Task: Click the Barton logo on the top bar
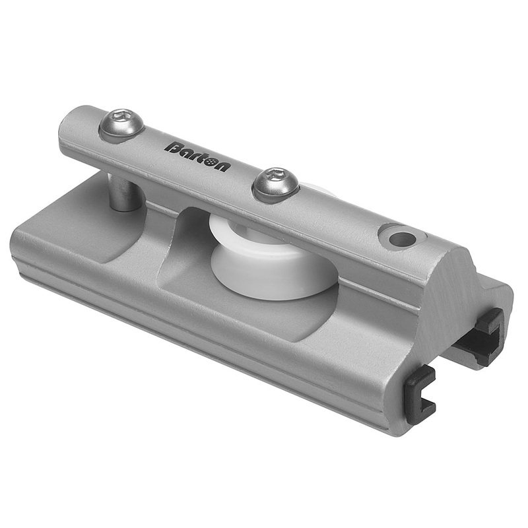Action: click(197, 156)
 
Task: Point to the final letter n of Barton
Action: click(223, 167)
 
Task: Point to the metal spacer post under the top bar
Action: click(124, 193)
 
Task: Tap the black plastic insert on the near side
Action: click(418, 394)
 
